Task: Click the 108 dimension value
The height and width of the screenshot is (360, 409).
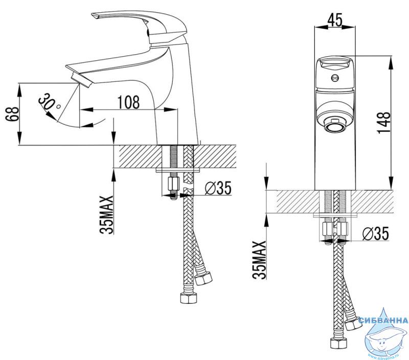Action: coord(129,102)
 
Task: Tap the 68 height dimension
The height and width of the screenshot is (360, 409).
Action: coord(13,114)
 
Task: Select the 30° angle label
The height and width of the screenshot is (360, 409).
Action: coord(49,102)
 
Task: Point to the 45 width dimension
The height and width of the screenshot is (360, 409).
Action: coord(335,20)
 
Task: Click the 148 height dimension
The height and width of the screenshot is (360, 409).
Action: coord(384,123)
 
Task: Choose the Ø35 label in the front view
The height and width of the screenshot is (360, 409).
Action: coord(376,233)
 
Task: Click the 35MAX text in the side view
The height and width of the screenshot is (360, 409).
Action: coord(107,215)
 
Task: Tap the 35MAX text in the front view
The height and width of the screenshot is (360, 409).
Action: coord(259,260)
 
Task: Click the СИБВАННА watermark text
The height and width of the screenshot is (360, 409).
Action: coord(383,320)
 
